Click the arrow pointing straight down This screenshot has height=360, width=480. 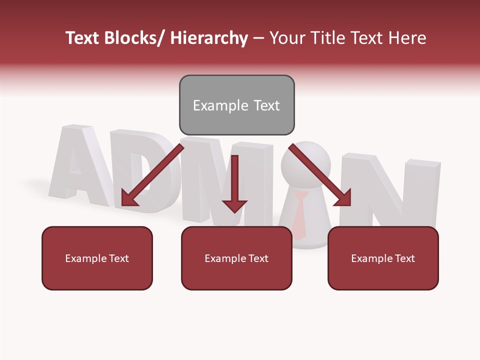(x=234, y=185)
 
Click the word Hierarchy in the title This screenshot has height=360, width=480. (x=209, y=38)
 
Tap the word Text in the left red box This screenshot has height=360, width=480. (x=117, y=258)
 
